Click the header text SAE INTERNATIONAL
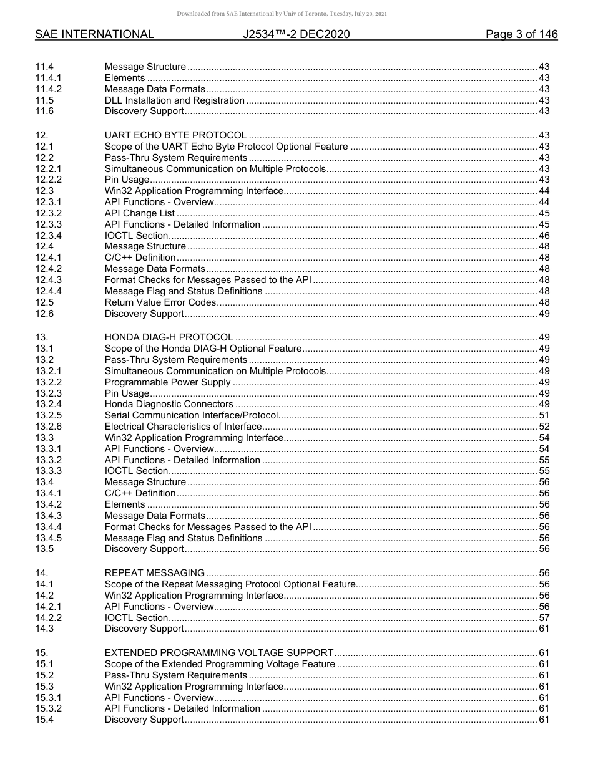[x=94, y=34]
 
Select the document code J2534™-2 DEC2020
[x=296, y=34]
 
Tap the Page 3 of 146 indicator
[x=521, y=34]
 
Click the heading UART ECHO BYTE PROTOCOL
[x=175, y=135]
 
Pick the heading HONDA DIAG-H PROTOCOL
[x=169, y=337]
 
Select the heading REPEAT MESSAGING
[x=155, y=572]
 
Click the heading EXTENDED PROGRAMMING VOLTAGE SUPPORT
[x=218, y=653]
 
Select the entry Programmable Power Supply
[x=167, y=382]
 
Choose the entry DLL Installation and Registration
[x=175, y=100]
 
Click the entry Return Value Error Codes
[x=160, y=302]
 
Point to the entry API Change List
[x=140, y=213]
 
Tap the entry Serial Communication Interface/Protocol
[x=191, y=415]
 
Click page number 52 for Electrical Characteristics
[x=544, y=427]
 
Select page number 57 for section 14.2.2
[x=544, y=617]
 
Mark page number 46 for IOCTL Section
[x=544, y=236]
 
